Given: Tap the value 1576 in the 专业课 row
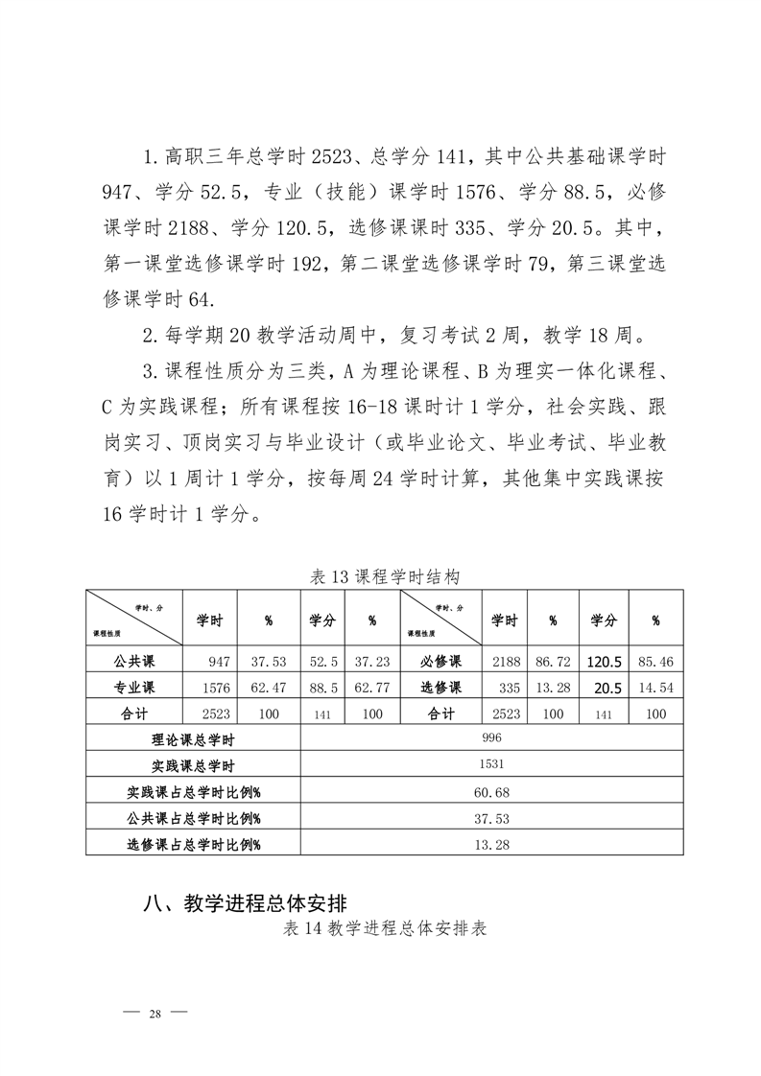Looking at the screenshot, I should (x=216, y=688).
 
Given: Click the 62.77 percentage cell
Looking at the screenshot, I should (x=371, y=688).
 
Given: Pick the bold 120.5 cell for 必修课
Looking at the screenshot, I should (x=604, y=662).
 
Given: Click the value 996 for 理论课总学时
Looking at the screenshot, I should (x=492, y=738).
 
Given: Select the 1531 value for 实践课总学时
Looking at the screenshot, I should (x=492, y=765).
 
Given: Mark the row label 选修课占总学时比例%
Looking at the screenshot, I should (x=194, y=844).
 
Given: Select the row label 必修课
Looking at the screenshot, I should (x=441, y=662).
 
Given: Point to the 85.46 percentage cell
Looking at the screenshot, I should (x=655, y=663).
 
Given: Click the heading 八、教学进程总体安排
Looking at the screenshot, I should (x=244, y=903).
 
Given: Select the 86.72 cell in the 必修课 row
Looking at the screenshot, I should (x=553, y=663).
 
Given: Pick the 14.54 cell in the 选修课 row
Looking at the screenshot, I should (x=655, y=688).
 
